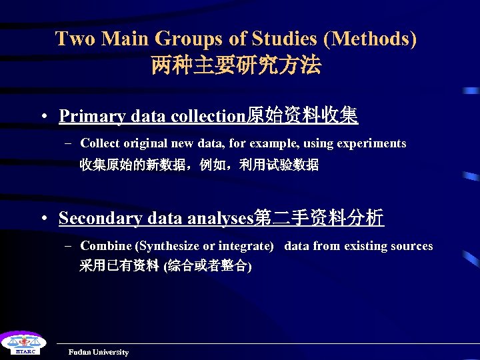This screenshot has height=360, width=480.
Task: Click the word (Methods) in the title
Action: (x=371, y=39)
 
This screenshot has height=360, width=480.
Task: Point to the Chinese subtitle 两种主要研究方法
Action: (x=236, y=65)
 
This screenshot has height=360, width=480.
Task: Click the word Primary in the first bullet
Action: (x=93, y=117)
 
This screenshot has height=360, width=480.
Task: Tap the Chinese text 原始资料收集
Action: (x=303, y=117)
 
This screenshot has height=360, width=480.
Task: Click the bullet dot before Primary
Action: (x=42, y=117)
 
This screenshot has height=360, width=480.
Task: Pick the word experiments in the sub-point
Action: (x=372, y=143)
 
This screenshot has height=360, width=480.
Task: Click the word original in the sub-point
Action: (x=146, y=143)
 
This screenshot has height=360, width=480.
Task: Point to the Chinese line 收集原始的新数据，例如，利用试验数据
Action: (x=199, y=165)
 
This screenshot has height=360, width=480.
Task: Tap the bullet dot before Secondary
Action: (x=42, y=219)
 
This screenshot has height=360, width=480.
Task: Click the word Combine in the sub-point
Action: (x=105, y=246)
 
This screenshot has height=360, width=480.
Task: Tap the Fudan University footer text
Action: (x=99, y=352)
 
